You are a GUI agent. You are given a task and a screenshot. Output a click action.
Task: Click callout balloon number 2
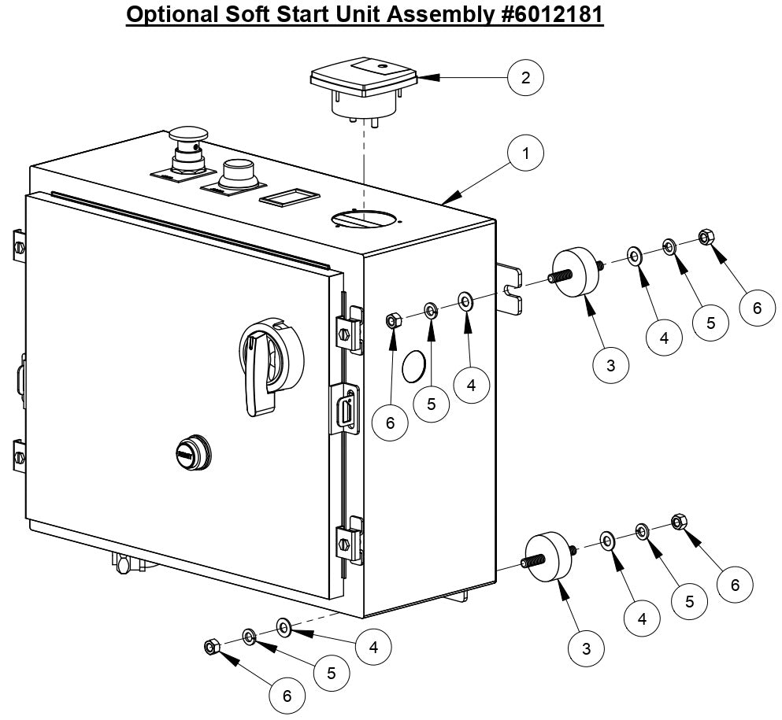tap(526, 77)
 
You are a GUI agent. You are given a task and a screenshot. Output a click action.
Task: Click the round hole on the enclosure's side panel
tap(414, 367)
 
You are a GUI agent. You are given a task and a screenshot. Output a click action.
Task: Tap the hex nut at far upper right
tap(706, 236)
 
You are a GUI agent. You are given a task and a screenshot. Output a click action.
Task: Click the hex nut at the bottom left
tap(210, 647)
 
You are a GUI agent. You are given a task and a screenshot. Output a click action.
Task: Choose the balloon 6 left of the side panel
tap(391, 423)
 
